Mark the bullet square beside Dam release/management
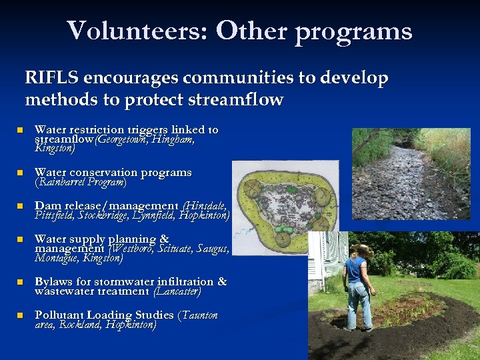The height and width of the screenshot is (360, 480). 21,206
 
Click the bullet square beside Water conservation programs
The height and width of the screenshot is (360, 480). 21,173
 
